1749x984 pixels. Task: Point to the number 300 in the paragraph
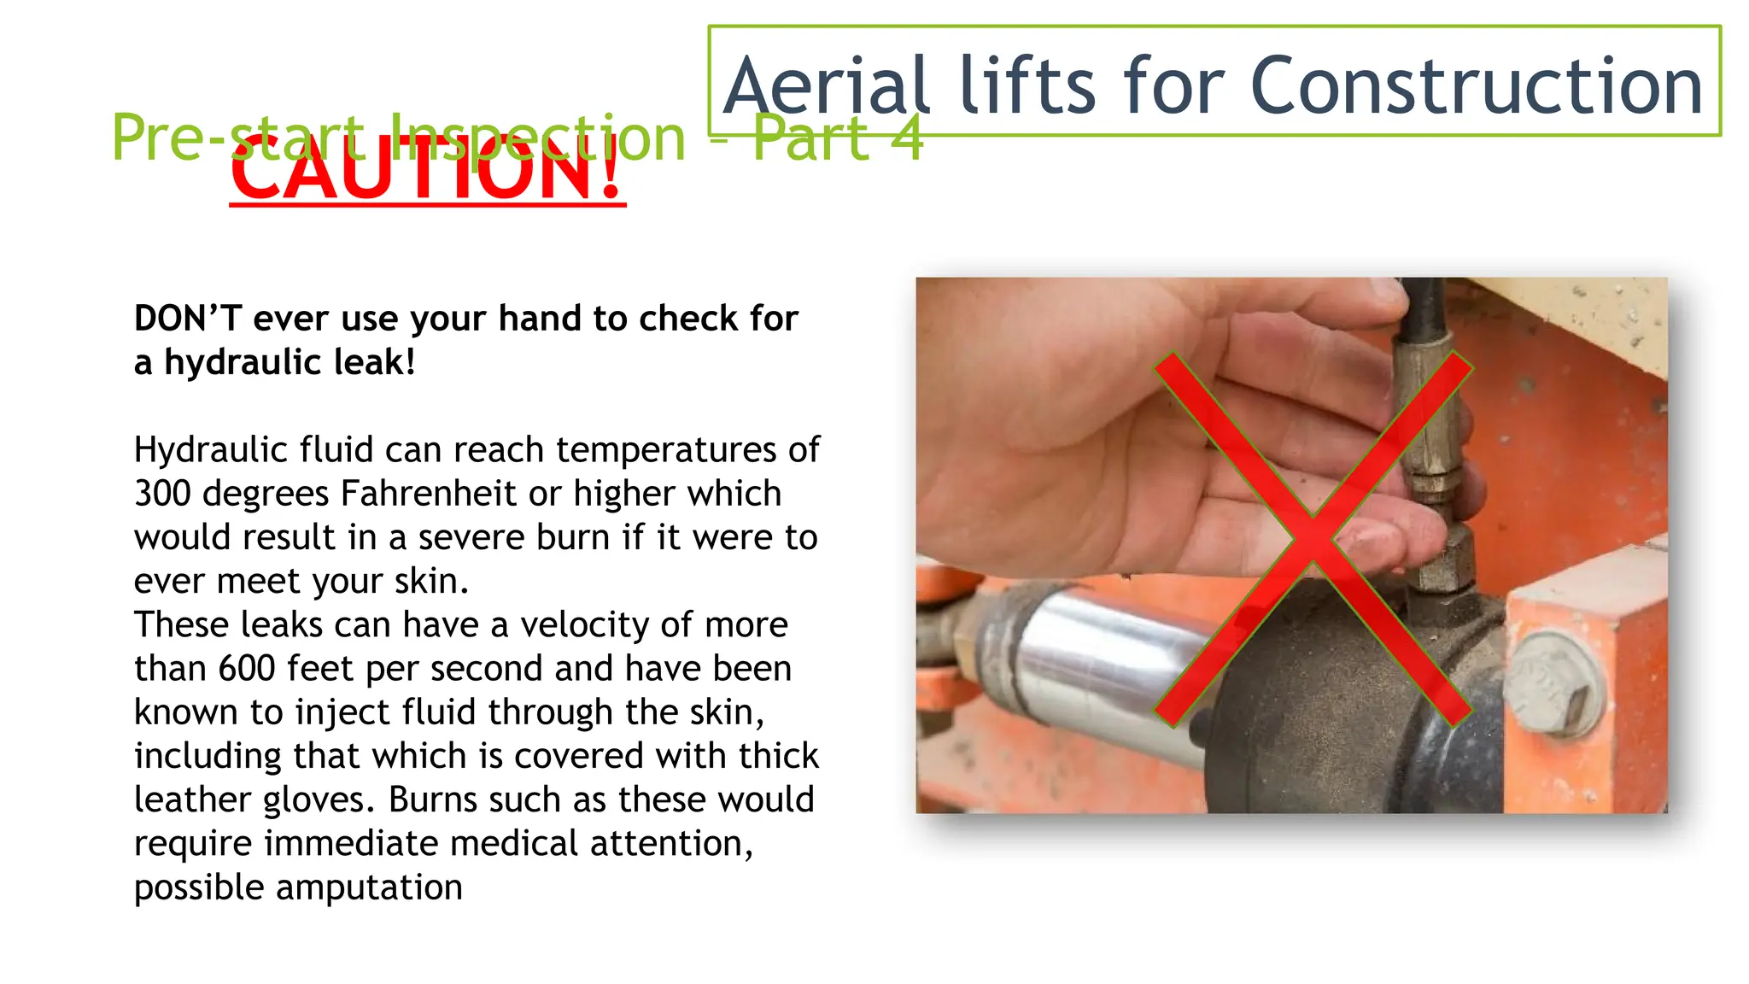[162, 494]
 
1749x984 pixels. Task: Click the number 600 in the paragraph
[247, 669]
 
